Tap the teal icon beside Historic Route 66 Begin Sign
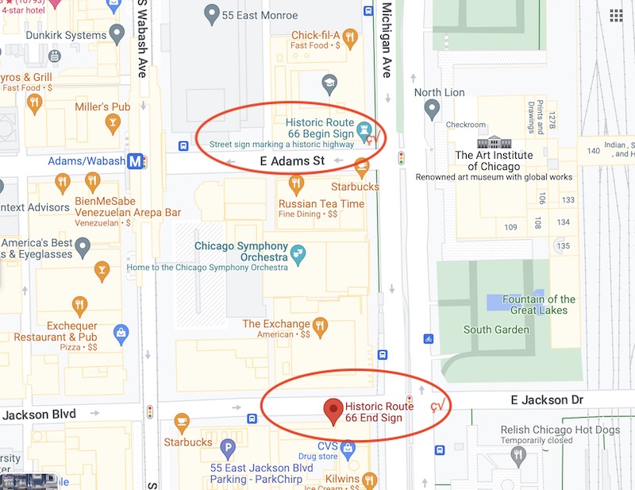click(x=364, y=128)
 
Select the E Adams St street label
click(x=293, y=162)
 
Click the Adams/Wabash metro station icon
click(x=137, y=161)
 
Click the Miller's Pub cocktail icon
click(x=114, y=121)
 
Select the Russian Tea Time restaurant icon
click(x=296, y=185)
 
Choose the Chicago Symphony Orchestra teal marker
click(x=298, y=254)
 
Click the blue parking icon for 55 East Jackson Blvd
click(x=228, y=448)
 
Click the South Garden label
click(x=495, y=330)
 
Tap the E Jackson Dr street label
click(x=539, y=399)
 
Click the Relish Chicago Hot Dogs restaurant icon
click(x=518, y=456)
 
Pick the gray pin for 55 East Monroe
click(x=211, y=14)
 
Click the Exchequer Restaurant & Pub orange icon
click(x=79, y=306)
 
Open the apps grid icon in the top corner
click(x=616, y=16)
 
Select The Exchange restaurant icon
click(x=320, y=325)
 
